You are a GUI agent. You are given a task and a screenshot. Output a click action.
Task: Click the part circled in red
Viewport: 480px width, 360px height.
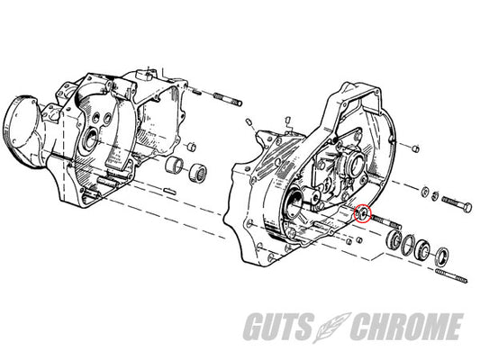362,212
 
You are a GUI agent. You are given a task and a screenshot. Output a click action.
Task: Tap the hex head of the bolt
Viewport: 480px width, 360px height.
466,208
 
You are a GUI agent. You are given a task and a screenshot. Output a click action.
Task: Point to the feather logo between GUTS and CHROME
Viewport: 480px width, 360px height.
331,327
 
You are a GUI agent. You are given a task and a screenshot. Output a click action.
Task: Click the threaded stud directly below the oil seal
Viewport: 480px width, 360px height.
451,276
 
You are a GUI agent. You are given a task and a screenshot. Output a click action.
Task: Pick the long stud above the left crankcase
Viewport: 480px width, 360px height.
228,99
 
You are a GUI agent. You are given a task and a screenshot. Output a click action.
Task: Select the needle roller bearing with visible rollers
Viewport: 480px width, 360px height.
197,173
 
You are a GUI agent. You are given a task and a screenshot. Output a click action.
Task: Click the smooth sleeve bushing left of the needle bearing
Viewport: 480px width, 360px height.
174,166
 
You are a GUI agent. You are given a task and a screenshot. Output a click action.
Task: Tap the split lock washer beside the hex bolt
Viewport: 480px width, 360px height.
435,196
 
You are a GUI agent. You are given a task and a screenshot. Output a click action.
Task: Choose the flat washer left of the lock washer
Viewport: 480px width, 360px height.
425,192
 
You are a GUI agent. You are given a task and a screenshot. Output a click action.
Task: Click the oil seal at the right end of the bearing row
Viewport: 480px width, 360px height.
443,255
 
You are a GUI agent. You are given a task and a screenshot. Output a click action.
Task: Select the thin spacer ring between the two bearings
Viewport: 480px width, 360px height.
408,245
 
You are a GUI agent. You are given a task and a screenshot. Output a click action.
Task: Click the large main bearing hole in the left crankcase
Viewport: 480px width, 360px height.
90,139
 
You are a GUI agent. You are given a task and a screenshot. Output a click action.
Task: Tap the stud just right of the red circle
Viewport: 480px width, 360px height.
386,222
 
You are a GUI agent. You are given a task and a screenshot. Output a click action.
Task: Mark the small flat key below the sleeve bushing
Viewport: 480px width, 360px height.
169,191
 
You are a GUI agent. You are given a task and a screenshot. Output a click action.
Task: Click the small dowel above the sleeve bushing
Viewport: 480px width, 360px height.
192,147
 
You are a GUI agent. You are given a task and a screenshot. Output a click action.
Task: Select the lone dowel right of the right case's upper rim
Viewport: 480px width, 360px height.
415,149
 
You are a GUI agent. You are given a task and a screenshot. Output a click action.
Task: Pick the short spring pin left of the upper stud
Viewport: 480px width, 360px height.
196,91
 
